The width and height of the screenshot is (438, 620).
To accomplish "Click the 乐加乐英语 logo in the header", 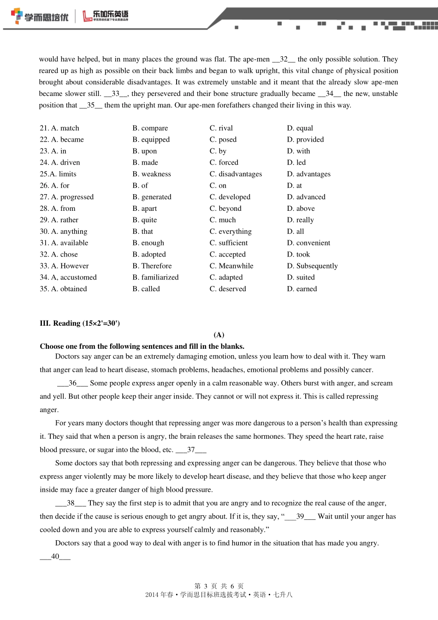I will coord(106,16).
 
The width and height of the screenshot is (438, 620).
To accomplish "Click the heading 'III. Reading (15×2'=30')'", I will coord(80,323).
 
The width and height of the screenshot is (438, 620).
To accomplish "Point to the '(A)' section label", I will coord(219,335).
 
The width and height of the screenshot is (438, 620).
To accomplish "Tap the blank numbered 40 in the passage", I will coord(55,557).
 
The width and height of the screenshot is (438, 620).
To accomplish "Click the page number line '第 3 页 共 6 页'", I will coord(219,586).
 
